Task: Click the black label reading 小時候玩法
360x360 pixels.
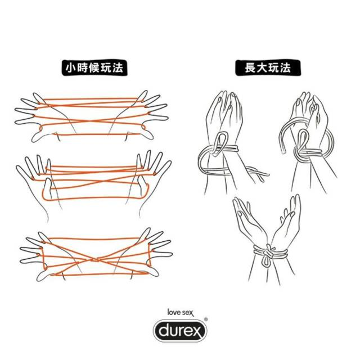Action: (x=94, y=68)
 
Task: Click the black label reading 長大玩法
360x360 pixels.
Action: (x=268, y=68)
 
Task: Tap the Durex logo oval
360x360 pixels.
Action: (x=180, y=331)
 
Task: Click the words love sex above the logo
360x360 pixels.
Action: (x=181, y=313)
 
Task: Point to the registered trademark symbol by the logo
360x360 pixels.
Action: (x=206, y=319)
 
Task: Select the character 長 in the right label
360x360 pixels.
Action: (x=250, y=68)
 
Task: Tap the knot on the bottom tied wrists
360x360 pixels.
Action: (x=268, y=252)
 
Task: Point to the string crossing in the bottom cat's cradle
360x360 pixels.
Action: (x=95, y=260)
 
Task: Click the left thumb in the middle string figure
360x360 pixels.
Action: (x=48, y=186)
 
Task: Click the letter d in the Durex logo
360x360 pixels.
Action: (x=164, y=330)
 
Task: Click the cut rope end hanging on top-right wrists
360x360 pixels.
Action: (x=283, y=150)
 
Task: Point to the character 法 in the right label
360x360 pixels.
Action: (x=285, y=68)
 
